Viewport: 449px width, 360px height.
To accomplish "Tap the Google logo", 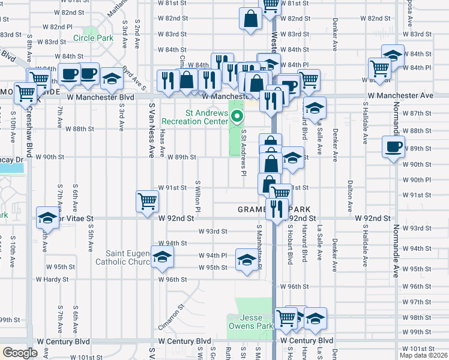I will pyautogui.click(x=20, y=353).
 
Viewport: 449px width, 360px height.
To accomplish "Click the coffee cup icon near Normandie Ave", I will pyautogui.click(x=394, y=148).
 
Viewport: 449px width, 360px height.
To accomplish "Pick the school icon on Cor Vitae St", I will pyautogui.click(x=47, y=218).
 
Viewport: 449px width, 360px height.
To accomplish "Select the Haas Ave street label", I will pyautogui.click(x=163, y=145).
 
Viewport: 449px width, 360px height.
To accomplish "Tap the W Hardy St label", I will pyautogui.click(x=53, y=279).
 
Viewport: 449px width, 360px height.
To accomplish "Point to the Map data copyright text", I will pyautogui.click(x=423, y=355).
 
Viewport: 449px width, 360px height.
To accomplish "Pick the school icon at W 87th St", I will pyautogui.click(x=314, y=108).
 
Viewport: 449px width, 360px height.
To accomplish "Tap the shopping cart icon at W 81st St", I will pyautogui.click(x=270, y=5).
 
